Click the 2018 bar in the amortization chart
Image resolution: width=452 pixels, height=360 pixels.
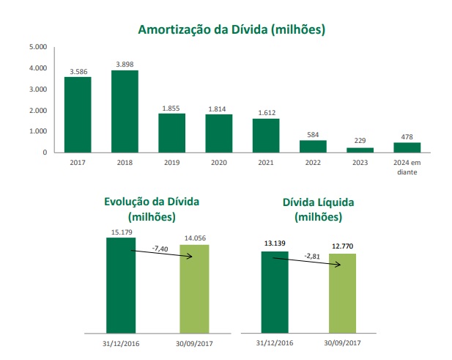click(x=125, y=111)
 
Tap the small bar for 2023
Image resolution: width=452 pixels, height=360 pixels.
click(x=359, y=150)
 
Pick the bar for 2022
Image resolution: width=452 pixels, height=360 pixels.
click(x=312, y=146)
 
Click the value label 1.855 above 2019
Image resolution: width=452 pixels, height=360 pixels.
click(x=171, y=107)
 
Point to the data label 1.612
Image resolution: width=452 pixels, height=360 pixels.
click(x=265, y=112)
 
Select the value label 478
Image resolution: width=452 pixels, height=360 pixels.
click(x=406, y=136)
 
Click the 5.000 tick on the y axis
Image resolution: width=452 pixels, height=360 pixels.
click(x=38, y=47)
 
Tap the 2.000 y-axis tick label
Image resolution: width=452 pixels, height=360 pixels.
click(x=38, y=111)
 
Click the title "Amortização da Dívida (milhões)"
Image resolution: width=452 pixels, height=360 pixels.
click(x=231, y=30)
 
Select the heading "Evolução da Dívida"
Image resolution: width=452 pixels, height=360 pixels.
click(x=152, y=202)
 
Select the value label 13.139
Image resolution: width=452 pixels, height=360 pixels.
click(x=275, y=244)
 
